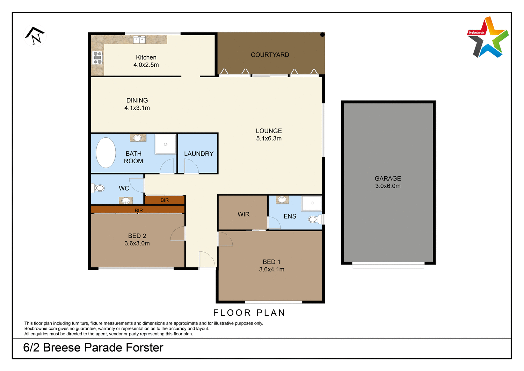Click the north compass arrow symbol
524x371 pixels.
35,36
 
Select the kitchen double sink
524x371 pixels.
139,40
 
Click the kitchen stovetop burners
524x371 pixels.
97,58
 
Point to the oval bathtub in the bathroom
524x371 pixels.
106,153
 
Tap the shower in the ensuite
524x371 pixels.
312,203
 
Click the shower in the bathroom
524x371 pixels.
165,144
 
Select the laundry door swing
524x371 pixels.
191,167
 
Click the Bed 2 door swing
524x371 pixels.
178,234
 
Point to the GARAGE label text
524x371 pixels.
388,178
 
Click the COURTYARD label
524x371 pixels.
270,55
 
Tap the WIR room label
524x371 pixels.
243,214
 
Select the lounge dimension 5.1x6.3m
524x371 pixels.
269,138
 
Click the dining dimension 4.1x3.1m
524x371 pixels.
137,108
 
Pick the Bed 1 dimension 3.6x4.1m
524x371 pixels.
271,270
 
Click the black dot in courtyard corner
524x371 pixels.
322,35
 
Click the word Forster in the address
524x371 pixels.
144,348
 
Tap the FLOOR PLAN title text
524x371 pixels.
249,313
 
